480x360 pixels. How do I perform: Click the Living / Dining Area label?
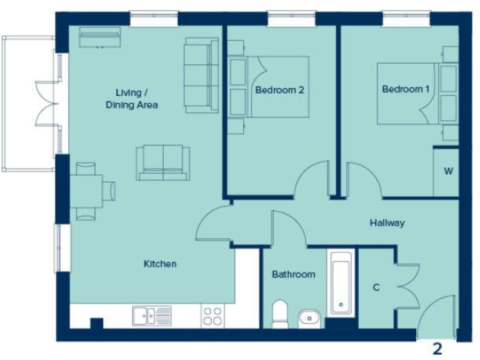(131, 99)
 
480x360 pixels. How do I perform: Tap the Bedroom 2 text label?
(279, 90)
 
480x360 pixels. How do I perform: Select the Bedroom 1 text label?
(406, 89)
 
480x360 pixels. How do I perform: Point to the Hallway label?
(387, 222)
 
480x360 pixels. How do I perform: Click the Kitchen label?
(160, 264)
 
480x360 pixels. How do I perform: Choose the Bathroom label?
(293, 274)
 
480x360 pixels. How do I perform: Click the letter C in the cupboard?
(376, 287)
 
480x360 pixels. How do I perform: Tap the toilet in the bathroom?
(280, 314)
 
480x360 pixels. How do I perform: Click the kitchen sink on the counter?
(151, 316)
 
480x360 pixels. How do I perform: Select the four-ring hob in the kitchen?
(212, 316)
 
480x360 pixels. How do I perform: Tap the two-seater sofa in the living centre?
(163, 162)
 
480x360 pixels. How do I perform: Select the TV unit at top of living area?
(99, 38)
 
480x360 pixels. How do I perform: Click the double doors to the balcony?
(47, 103)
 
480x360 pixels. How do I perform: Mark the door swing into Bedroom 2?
(312, 181)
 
